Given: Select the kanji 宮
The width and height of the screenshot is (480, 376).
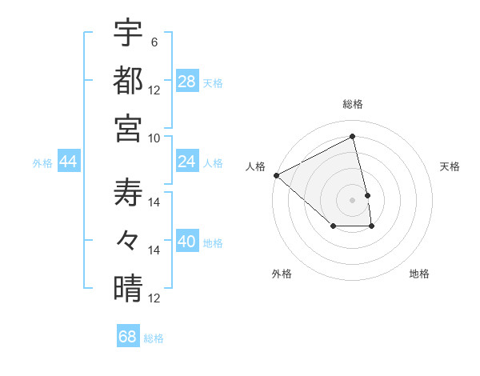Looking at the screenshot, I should point(128,128).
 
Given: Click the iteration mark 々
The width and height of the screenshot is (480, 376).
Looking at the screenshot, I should point(128,239).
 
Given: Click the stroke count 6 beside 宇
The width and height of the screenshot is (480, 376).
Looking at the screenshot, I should point(154,42).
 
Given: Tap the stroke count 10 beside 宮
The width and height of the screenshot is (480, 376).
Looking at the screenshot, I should point(154,138).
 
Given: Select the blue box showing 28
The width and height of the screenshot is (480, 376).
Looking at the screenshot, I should point(187,82).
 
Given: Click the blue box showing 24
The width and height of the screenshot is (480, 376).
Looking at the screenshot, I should point(187,162).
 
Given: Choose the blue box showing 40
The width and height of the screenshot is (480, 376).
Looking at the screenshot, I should point(187,242).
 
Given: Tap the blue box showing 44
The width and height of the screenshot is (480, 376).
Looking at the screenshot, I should point(68,162).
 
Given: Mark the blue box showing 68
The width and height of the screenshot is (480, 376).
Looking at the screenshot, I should point(128,337).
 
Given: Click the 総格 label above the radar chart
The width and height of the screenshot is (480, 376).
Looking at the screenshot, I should point(353,105).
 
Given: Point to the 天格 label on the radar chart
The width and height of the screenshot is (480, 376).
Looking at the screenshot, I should point(450,166).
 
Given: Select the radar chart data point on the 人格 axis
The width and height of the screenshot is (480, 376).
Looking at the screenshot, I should point(276,175).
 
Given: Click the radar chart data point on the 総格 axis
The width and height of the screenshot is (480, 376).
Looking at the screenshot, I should point(353,137).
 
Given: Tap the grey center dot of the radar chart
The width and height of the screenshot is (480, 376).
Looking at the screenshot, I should point(353,199).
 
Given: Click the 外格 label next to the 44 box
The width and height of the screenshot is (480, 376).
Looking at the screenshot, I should point(42,163).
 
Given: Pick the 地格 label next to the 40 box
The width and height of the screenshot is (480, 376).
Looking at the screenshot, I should point(214,243).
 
